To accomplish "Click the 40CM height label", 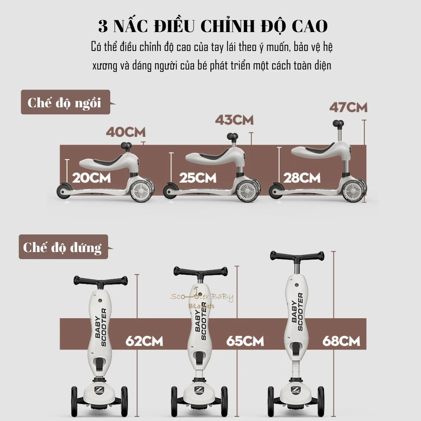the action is [x=126, y=132].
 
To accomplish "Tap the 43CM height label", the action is [x=234, y=120].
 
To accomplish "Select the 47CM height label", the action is [x=348, y=107].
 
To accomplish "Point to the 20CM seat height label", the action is [x=91, y=178].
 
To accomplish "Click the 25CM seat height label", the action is [x=198, y=178].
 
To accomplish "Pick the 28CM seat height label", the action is [x=302, y=178].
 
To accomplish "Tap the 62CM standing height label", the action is [x=144, y=341].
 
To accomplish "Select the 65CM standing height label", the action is [x=245, y=341].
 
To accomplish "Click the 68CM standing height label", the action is [x=341, y=341].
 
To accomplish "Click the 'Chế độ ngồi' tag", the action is [x=65, y=102].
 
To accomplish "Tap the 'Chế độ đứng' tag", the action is [x=63, y=247].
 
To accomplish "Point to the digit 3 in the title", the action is [x=103, y=26].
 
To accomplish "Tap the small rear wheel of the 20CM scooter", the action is [x=64, y=191].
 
